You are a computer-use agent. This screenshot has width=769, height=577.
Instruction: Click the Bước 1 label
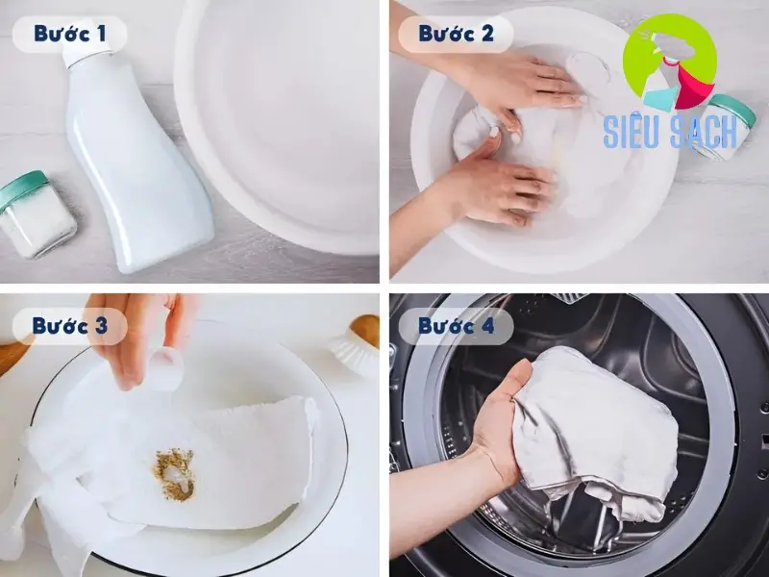pos(68,35)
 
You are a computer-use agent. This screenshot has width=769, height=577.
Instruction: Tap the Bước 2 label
pos(456,35)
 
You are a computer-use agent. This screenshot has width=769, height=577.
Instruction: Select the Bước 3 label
pos(68,325)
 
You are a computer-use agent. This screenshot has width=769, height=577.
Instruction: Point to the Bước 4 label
pos(456,325)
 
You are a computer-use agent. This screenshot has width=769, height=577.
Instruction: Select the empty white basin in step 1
pos(279,125)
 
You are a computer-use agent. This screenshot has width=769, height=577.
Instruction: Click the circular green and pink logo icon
pos(669,63)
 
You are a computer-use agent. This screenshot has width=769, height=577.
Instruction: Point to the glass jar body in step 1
pos(38,226)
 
